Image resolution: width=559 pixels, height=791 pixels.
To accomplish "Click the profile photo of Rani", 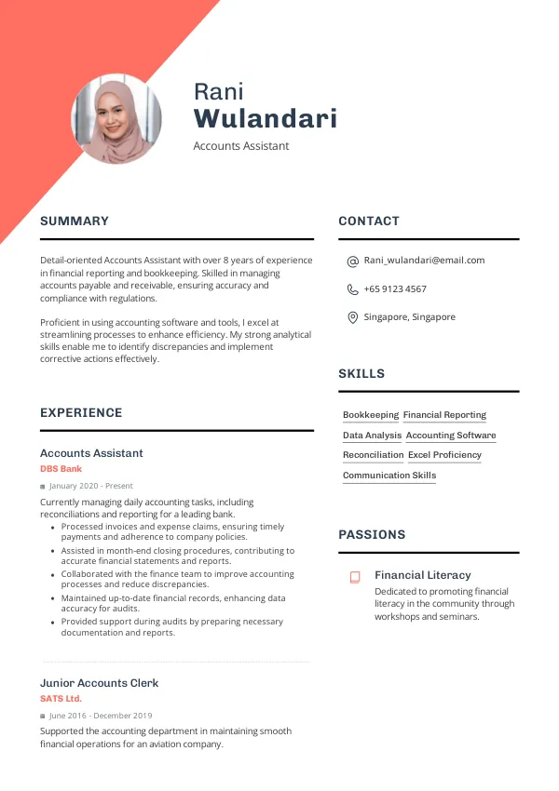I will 116,119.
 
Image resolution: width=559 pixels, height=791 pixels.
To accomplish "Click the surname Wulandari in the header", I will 265,119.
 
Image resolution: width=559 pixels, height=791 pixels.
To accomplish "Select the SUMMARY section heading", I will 75,221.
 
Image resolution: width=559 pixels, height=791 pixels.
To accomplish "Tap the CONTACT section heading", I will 369,221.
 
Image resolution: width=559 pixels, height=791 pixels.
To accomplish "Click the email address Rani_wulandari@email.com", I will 424,261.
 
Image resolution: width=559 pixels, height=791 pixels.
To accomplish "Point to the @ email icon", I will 352,261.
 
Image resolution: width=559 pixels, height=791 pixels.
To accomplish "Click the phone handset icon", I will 352,289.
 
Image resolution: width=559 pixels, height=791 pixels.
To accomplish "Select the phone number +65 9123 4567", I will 395,289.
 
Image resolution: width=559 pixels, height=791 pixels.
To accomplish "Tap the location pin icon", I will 352,317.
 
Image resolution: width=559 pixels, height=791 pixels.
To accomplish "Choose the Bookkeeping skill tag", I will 371,415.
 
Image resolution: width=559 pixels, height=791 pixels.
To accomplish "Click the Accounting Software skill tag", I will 451,436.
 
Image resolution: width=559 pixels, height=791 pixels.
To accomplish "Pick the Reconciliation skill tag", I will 373,455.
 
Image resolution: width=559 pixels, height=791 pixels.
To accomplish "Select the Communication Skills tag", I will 389,476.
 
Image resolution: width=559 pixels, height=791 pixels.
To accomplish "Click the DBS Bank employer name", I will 61,469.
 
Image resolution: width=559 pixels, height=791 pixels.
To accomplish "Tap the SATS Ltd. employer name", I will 61,698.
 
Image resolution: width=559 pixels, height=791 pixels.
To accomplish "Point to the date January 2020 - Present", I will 91,486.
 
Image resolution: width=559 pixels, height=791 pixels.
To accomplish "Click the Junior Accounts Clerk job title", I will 99,683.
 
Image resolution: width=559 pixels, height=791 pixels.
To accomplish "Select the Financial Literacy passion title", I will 422,575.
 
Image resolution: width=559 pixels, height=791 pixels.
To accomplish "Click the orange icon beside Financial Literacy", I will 355,577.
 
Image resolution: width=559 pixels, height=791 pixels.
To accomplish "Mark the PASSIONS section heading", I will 372,535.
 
